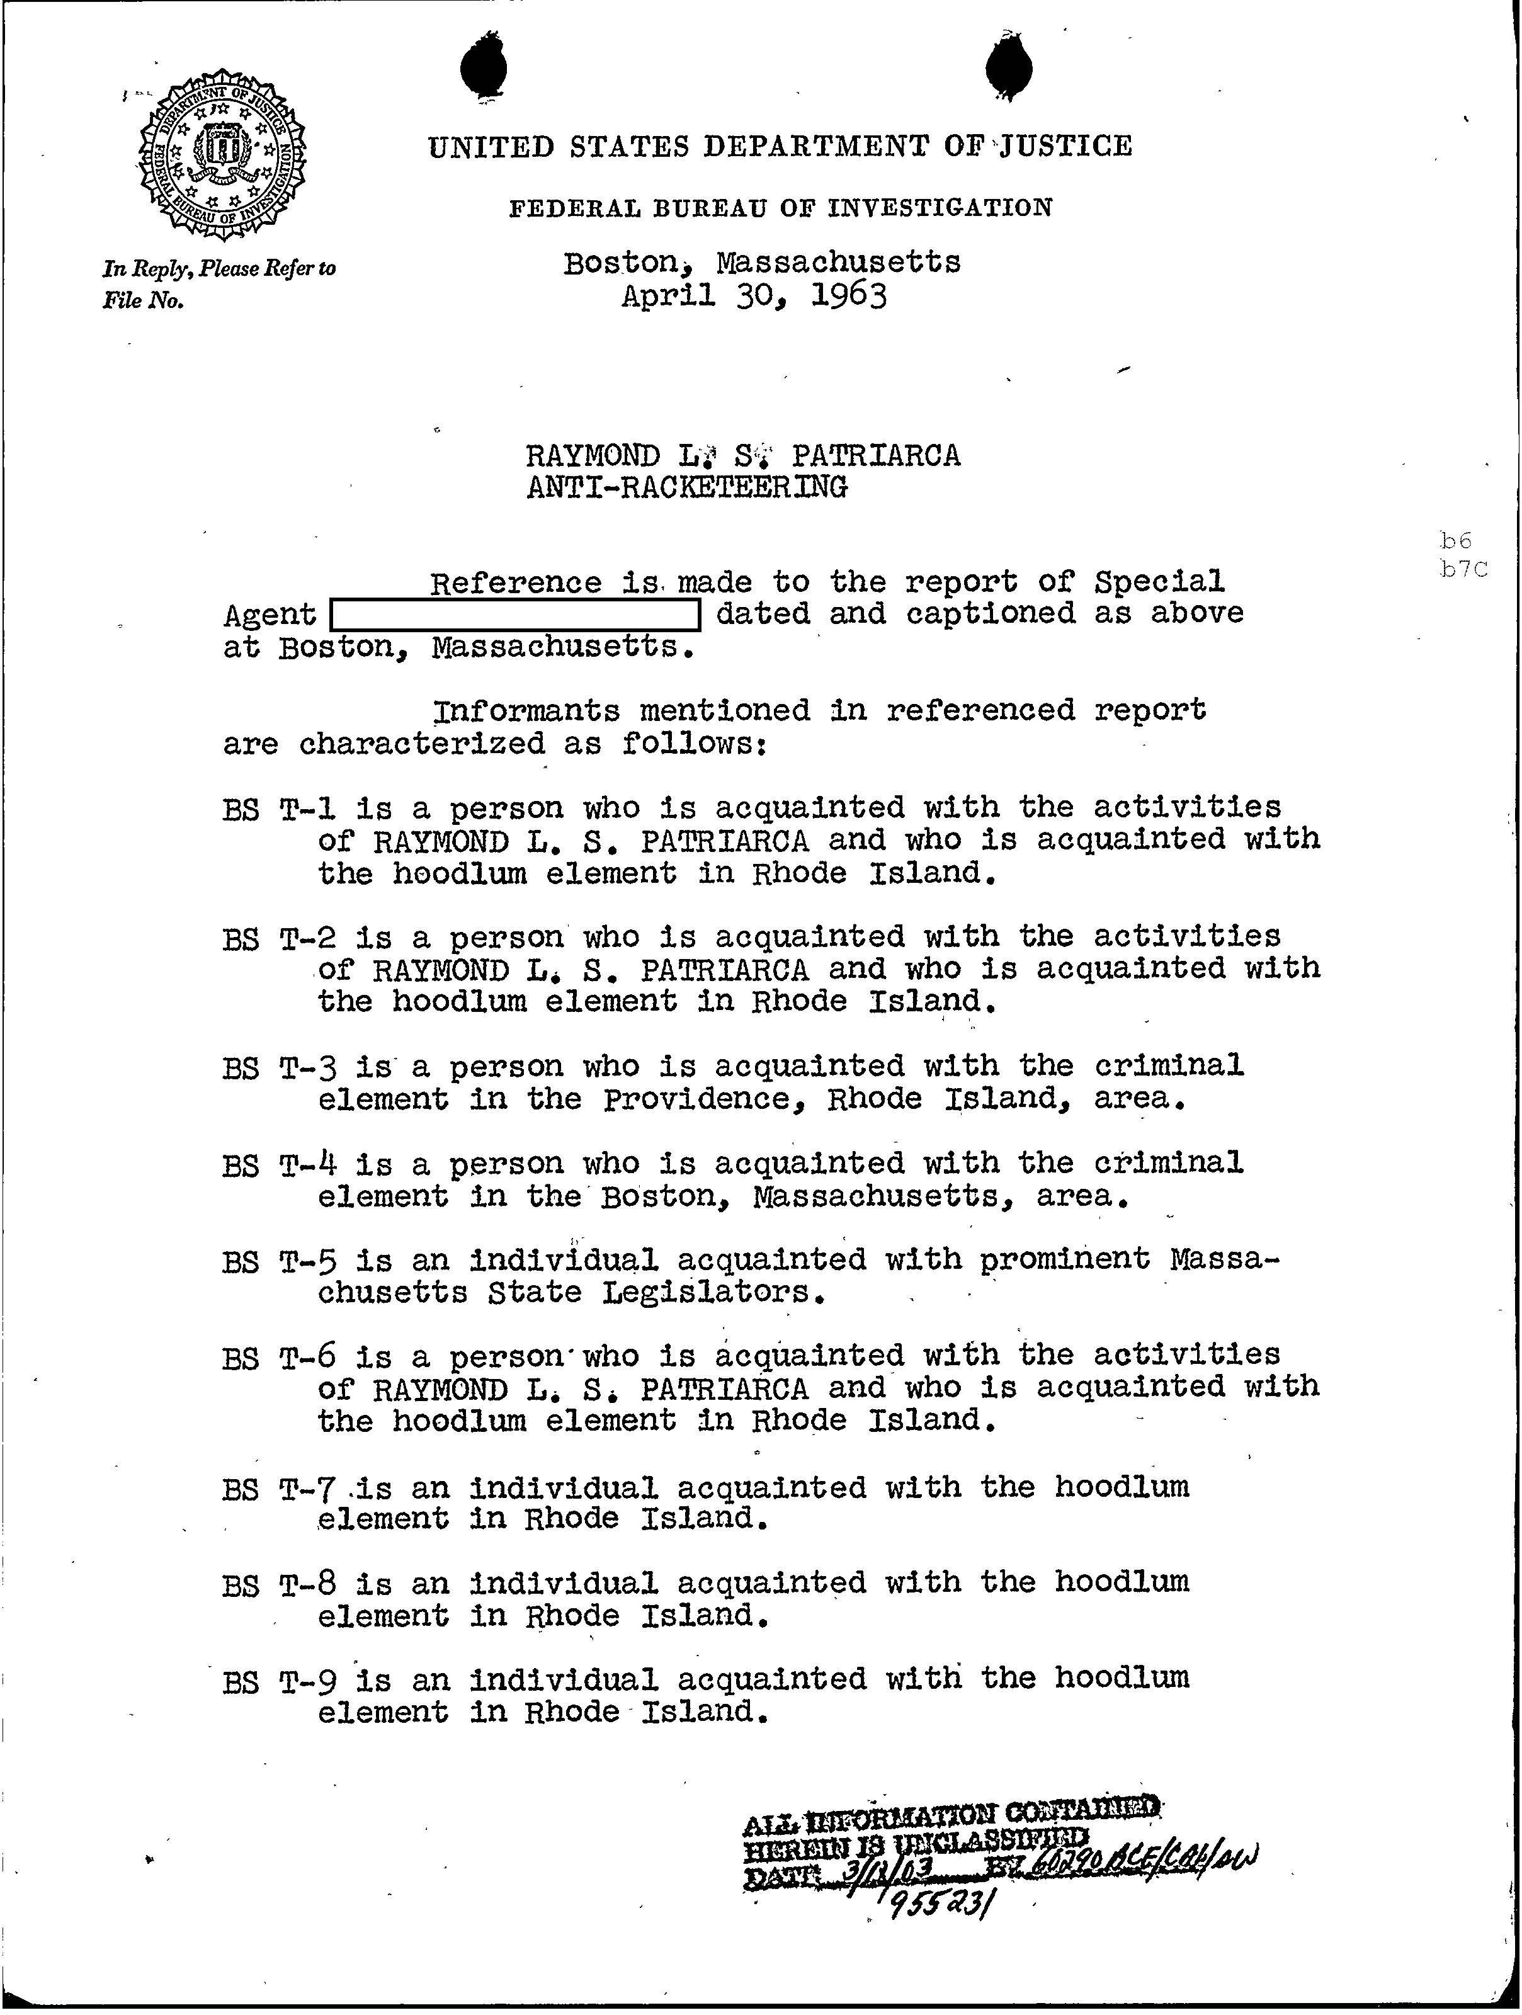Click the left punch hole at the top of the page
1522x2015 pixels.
coord(484,71)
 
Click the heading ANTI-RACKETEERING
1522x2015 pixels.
coord(688,487)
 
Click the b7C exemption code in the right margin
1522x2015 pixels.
coord(1463,570)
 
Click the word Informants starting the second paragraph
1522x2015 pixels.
coord(526,710)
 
